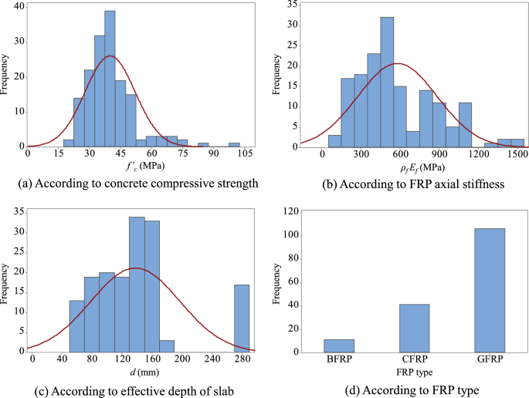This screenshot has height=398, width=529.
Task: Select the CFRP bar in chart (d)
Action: [x=414, y=328]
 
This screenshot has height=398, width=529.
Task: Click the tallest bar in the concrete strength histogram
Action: [x=110, y=77]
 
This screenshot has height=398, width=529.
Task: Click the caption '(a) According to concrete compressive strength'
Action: [x=131, y=184]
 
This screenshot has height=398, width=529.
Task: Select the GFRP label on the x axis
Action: [x=484, y=360]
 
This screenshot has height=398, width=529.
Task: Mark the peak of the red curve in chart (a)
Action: [x=110, y=56]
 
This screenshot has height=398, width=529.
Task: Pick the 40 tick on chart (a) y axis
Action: [x=19, y=8]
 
